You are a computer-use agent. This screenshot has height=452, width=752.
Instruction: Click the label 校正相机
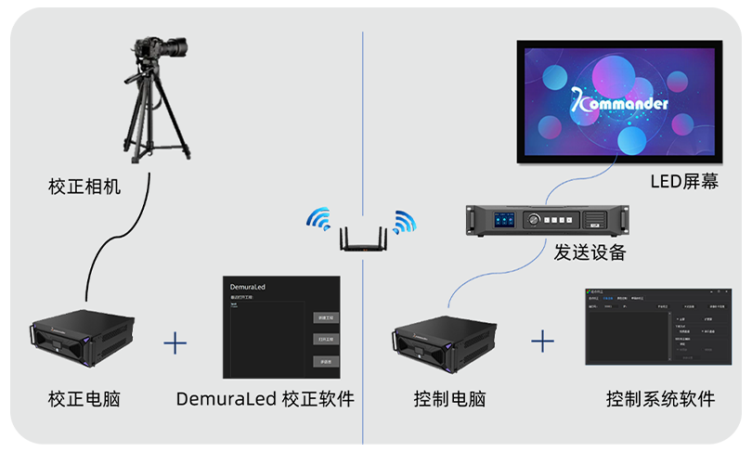84,187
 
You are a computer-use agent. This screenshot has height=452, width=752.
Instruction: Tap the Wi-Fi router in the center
362,239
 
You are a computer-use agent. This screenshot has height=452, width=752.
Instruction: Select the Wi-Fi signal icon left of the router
319,219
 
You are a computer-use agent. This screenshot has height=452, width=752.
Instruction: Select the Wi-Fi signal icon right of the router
404,221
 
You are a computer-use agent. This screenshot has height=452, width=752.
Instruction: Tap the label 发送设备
590,252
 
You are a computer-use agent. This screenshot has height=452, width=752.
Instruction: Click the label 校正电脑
84,400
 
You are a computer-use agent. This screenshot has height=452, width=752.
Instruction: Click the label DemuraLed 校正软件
265,400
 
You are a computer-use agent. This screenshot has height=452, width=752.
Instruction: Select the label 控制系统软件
660,400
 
